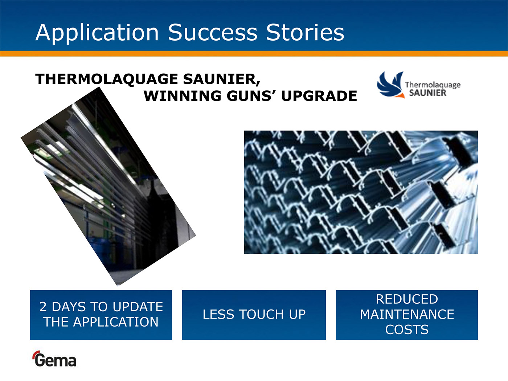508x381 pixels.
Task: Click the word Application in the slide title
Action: coord(97,33)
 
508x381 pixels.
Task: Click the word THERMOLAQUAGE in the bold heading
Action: coord(106,79)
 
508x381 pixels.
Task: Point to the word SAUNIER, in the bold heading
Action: coord(221,79)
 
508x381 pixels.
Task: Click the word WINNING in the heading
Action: coord(183,96)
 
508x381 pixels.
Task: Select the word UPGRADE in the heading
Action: coord(319,96)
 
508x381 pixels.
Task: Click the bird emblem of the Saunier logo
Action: coord(391,85)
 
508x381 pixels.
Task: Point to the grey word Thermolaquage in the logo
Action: coord(433,85)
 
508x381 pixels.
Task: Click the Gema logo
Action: coord(54,359)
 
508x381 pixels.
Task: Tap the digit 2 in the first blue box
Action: coord(43,307)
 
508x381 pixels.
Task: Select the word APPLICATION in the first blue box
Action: coord(116,322)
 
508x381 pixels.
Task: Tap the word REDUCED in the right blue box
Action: coord(407,299)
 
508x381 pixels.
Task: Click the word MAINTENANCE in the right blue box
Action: coord(407,314)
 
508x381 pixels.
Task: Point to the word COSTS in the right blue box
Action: coord(407,329)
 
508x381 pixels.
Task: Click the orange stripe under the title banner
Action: coord(254,54)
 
